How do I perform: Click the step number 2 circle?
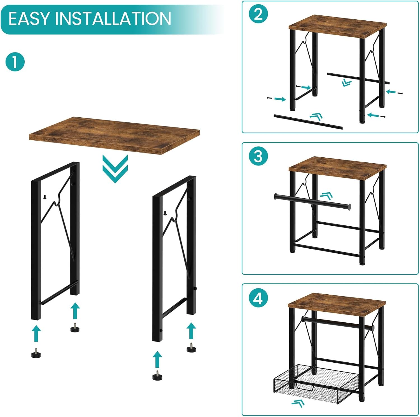click(258, 14)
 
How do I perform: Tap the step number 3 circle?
click(258, 156)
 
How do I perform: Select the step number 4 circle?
click(258, 298)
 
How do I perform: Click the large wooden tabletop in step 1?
click(114, 135)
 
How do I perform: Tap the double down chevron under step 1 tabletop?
click(115, 169)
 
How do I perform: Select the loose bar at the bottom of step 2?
click(308, 122)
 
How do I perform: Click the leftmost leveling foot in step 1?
click(37, 353)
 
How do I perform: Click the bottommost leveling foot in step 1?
click(158, 376)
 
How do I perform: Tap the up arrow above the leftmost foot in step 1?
click(36, 333)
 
